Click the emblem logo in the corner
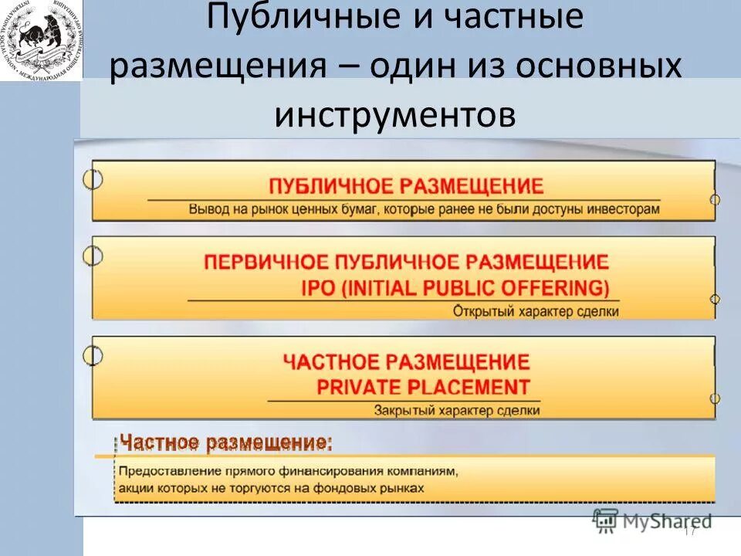(40, 40)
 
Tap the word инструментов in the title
(394, 114)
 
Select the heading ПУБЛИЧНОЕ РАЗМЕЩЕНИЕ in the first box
(405, 186)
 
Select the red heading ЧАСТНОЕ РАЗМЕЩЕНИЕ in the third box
(406, 361)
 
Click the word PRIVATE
(360, 387)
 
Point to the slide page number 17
(690, 531)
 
